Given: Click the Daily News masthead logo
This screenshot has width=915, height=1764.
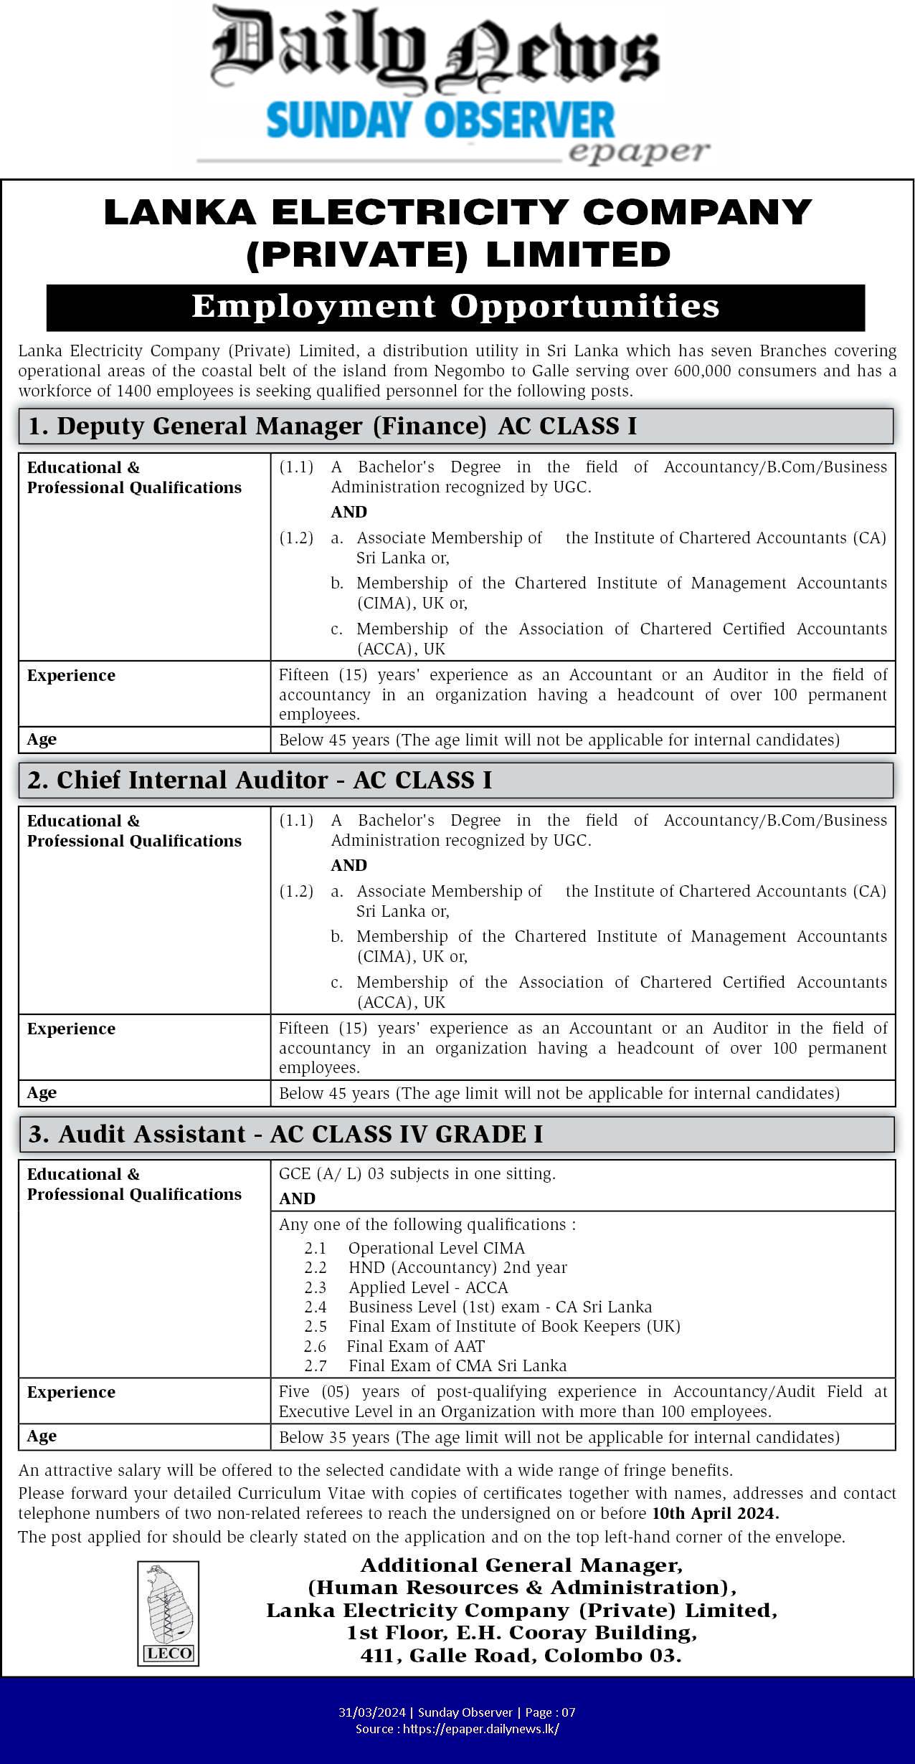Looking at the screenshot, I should click(x=435, y=50).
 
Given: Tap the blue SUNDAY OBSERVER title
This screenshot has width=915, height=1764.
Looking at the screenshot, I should click(x=440, y=120).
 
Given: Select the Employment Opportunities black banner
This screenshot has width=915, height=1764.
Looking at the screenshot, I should click(x=455, y=307).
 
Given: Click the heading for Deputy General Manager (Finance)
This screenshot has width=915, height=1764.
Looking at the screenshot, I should click(x=332, y=426).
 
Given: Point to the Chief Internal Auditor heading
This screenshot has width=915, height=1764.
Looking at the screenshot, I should click(x=260, y=780).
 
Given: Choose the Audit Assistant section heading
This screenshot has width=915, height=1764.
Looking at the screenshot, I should click(x=285, y=1134).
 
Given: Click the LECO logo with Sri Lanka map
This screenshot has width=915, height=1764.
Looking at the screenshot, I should click(x=169, y=1613).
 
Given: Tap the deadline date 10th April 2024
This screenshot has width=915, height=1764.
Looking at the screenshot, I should click(x=715, y=1513).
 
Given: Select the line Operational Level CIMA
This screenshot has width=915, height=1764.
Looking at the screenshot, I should click(x=436, y=1248).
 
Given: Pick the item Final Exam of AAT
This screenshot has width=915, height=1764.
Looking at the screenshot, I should click(x=415, y=1346).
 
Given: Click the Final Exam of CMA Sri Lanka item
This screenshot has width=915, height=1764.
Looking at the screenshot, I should click(x=457, y=1365).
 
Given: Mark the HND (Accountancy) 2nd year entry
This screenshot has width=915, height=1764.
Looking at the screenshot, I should click(x=457, y=1267).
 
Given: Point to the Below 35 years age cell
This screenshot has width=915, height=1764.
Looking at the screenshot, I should click(x=559, y=1437).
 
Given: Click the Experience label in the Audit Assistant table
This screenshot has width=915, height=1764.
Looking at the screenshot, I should click(x=71, y=1392).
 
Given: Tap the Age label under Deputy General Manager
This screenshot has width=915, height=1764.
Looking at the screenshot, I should click(x=42, y=739).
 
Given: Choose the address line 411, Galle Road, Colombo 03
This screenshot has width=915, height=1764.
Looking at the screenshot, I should click(x=521, y=1655).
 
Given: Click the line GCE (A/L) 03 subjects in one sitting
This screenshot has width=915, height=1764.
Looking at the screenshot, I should click(x=417, y=1173).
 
